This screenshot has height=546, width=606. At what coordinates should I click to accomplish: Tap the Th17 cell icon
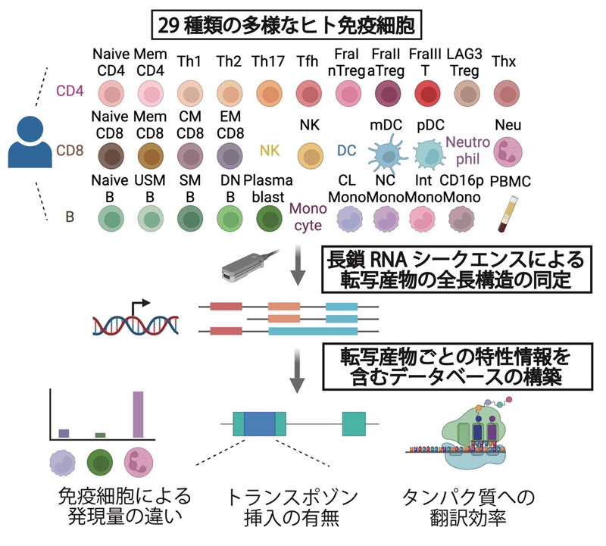click(268, 94)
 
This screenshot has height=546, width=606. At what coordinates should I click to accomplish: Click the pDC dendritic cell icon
click(433, 155)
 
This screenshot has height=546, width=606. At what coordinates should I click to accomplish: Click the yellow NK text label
click(270, 150)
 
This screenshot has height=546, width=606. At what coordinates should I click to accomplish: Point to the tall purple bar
click(138, 413)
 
